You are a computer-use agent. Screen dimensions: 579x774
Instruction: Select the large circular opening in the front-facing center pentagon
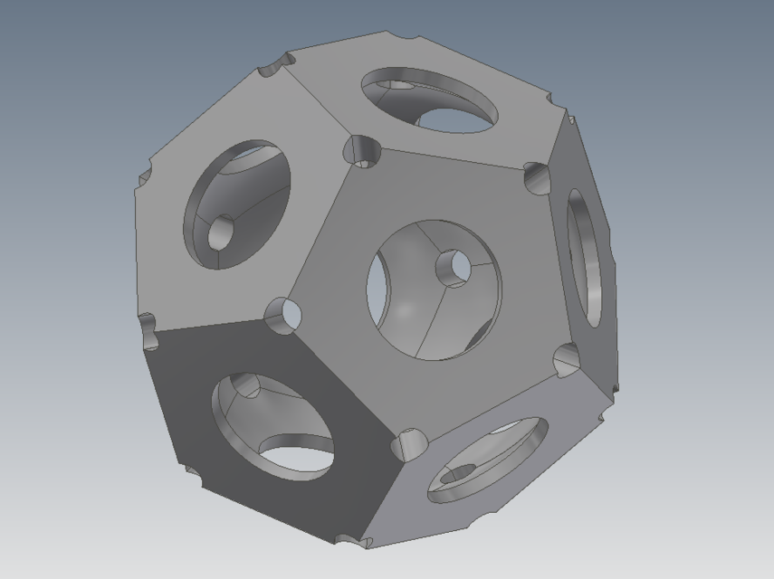point(434,289)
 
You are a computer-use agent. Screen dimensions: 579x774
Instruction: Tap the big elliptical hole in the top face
point(429,100)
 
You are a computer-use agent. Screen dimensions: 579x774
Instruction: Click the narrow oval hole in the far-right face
point(584,258)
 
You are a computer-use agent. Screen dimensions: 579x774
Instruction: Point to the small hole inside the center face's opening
point(453,268)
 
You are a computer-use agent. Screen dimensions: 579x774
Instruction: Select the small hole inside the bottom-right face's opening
point(461,473)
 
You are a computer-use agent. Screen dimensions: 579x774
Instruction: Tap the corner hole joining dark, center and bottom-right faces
point(408,443)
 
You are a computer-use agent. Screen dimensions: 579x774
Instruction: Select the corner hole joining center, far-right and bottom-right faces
point(567,359)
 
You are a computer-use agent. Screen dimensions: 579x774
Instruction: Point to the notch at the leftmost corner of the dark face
point(148,332)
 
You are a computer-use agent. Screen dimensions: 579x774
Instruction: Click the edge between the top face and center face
point(453,159)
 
